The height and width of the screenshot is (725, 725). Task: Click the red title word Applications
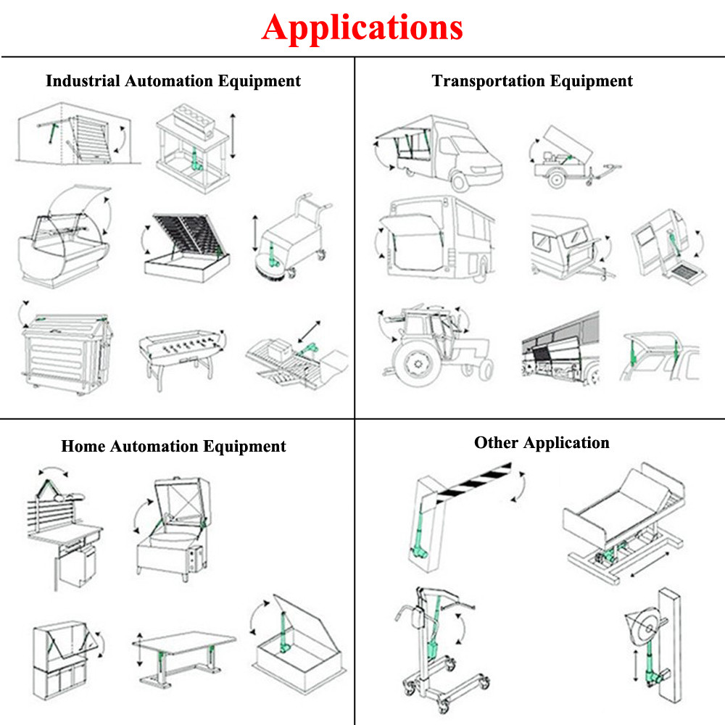pyautogui.click(x=362, y=27)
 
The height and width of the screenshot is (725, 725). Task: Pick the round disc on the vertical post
pyautogui.click(x=642, y=624)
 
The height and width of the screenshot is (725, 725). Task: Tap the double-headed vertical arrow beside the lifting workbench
pyautogui.click(x=233, y=136)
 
